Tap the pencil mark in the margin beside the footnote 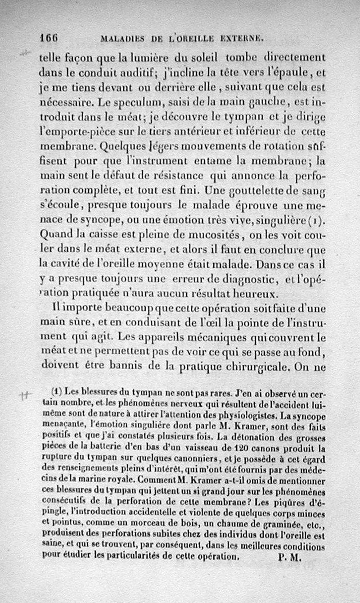(x=25, y=395)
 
